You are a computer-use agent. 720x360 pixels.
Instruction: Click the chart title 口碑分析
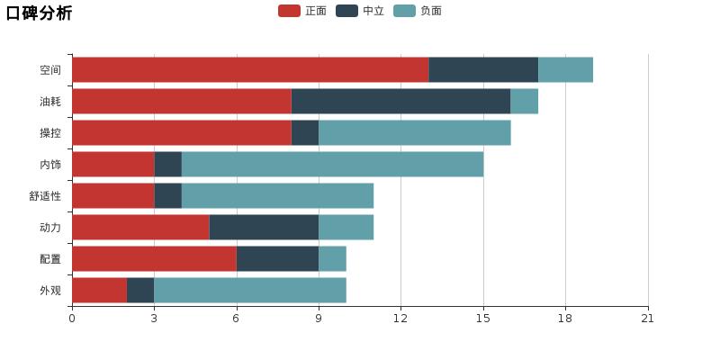39,13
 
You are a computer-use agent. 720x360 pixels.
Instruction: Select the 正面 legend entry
303,11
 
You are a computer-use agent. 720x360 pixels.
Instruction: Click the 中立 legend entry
361,11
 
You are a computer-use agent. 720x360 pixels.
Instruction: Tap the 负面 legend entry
418,11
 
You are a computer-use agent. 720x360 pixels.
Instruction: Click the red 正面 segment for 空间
250,70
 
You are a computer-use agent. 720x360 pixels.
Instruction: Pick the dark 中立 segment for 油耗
400,102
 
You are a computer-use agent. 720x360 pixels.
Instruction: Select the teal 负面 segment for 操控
415,133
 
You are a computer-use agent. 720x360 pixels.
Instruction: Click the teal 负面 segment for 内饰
332,165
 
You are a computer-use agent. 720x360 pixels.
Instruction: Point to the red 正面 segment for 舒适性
112,196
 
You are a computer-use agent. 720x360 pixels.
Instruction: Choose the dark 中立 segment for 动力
264,228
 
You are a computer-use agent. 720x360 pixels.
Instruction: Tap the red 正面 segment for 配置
154,259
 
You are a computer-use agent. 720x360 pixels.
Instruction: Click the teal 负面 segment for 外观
250,291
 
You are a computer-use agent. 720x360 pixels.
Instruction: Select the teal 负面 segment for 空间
565,70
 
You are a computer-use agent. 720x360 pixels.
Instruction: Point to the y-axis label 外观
50,291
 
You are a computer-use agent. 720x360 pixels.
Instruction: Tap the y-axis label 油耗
50,102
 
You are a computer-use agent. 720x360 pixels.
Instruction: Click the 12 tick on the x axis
400,318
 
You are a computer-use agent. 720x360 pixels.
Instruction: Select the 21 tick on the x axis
647,318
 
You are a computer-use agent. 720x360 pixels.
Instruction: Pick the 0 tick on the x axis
72,318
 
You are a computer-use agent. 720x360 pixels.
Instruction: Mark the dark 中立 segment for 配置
277,259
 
